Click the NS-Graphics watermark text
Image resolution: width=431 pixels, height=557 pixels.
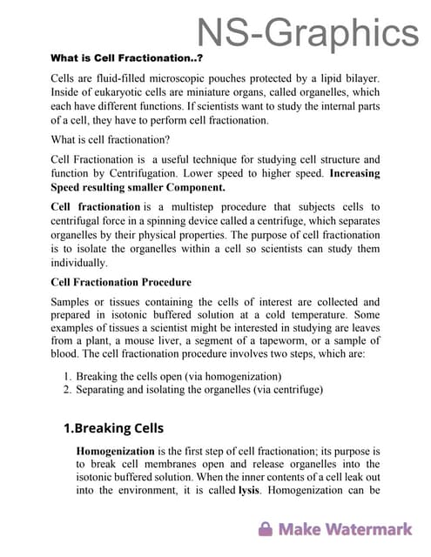coord(307,32)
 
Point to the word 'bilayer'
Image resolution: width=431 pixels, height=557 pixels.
coord(360,78)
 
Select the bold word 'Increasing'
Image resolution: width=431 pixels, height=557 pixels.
coord(355,173)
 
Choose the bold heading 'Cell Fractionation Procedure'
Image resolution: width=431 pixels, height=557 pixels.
coord(121,282)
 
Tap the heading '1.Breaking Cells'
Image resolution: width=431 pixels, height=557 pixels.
coord(113,428)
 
